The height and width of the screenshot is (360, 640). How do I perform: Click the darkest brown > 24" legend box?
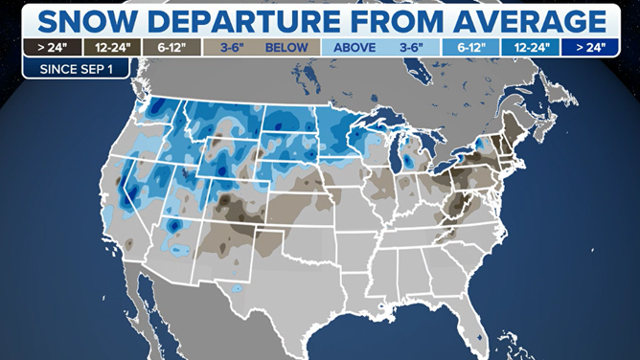51,46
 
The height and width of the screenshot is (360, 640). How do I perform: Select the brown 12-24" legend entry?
112,46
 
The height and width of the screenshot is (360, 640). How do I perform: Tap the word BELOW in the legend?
288,46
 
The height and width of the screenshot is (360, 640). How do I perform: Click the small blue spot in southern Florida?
478,337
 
